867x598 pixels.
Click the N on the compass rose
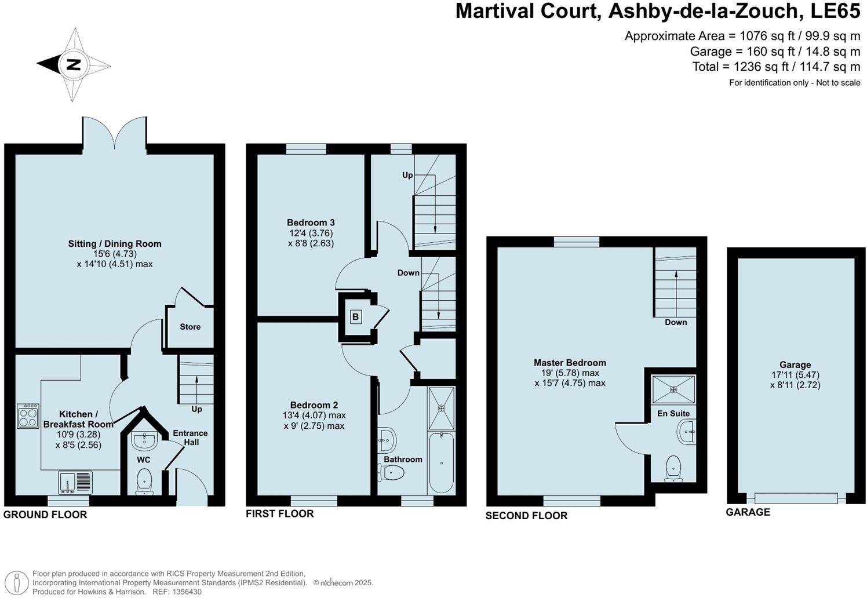[73, 64]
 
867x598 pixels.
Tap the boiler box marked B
[356, 317]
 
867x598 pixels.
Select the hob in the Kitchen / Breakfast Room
[28, 415]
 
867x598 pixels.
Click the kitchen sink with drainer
[75, 482]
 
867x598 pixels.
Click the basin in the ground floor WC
[144, 441]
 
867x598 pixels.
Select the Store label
[190, 327]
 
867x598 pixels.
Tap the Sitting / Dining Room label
[115, 244]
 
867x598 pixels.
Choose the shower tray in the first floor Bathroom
[442, 409]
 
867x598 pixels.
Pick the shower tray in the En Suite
[673, 389]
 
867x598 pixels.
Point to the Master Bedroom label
[570, 363]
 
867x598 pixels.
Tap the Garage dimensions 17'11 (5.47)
[795, 375]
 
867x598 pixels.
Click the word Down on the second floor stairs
[676, 322]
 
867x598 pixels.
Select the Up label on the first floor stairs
[407, 175]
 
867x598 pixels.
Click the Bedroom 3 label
[311, 223]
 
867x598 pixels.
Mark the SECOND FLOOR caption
[526, 516]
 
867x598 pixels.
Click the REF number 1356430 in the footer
[185, 592]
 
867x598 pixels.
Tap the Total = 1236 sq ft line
[776, 67]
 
